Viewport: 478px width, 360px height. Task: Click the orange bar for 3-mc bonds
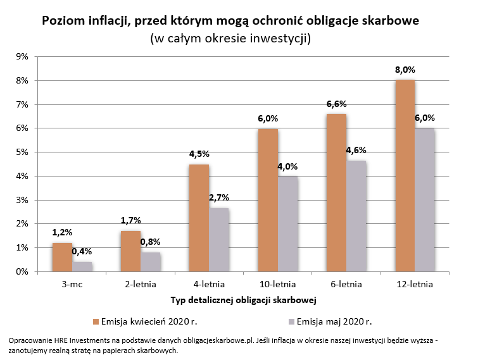tap(62, 257)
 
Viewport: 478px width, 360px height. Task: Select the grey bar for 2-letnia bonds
tap(150, 262)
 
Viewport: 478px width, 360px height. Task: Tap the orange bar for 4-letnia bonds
tap(199, 218)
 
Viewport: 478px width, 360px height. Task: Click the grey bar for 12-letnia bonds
tap(424, 199)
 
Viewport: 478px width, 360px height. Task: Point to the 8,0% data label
tap(405, 70)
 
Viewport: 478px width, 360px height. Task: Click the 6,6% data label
tap(336, 104)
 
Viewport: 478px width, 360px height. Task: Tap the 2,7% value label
tap(218, 197)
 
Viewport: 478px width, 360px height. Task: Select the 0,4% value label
tap(81, 252)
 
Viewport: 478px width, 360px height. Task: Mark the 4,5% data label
tap(199, 154)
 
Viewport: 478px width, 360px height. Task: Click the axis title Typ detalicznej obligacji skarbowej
tap(244, 299)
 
